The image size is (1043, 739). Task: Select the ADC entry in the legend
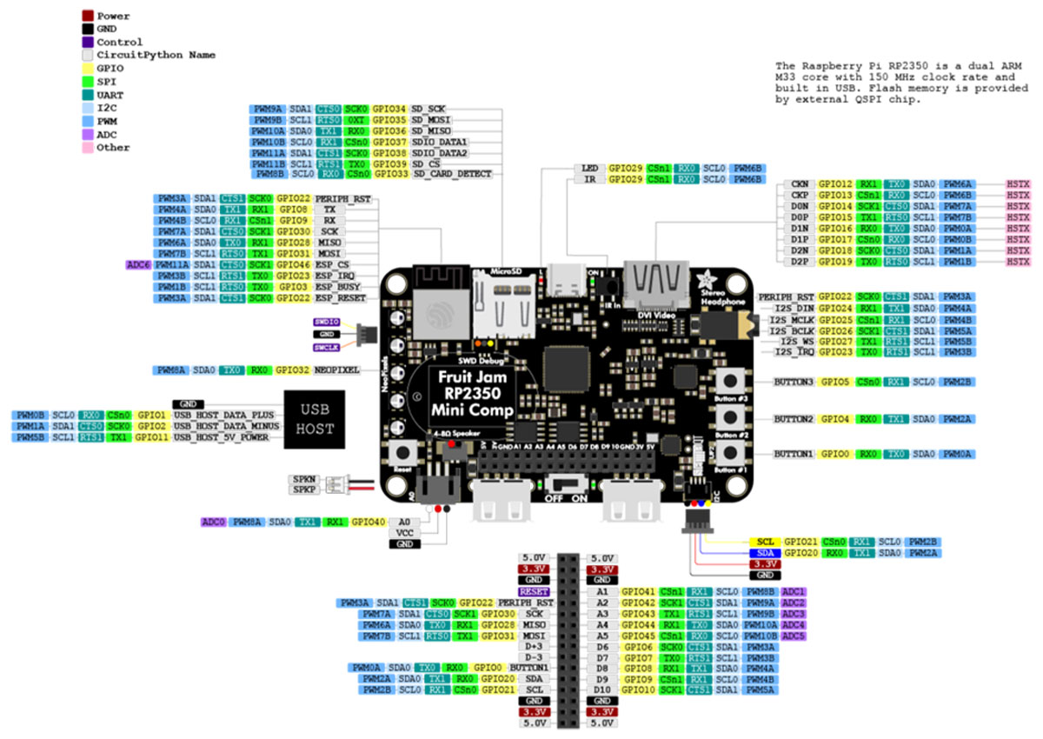coord(107,134)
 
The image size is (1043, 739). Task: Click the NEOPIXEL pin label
coord(336,370)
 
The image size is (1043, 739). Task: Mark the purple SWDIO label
coord(326,322)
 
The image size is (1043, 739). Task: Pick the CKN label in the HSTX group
coord(801,185)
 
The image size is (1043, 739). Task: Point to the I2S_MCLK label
coord(791,319)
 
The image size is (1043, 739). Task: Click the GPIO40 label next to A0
coord(367,523)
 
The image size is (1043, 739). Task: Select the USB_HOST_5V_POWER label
coord(228,437)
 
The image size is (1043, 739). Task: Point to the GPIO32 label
coord(292,370)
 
